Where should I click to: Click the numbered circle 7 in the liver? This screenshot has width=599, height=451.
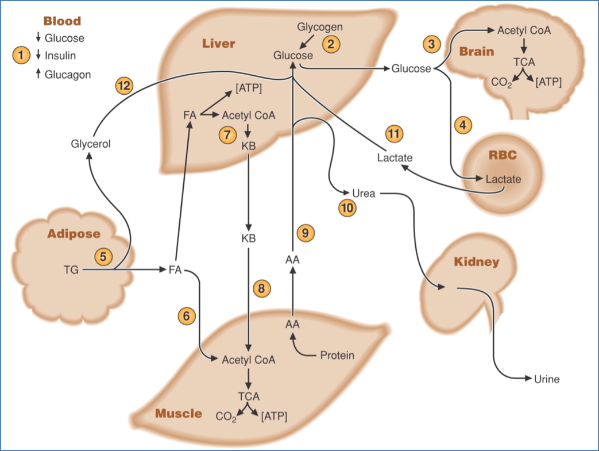tap(227, 134)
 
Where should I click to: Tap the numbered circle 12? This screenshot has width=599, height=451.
tap(124, 86)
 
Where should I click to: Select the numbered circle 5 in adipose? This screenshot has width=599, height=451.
tap(103, 256)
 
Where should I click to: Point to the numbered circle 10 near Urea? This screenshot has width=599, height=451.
tap(347, 208)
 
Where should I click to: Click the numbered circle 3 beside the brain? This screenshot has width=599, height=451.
tap(432, 44)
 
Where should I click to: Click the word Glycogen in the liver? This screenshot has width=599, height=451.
tap(320, 27)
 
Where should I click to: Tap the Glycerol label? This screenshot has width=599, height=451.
tap(91, 144)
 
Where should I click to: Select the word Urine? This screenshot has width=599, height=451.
tap(546, 379)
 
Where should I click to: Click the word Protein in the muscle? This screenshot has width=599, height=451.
tap(337, 355)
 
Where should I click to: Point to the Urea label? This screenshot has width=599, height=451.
tap(364, 194)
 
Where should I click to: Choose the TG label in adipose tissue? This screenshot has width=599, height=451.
tap(71, 269)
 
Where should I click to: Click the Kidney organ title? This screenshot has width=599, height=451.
tap(476, 262)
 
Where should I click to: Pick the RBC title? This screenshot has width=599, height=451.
tap(503, 155)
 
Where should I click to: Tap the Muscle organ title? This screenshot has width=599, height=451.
tap(179, 413)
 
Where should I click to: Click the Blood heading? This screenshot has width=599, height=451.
tap(62, 21)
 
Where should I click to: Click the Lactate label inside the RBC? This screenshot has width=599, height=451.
tap(503, 179)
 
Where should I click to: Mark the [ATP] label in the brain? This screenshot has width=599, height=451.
tap(548, 82)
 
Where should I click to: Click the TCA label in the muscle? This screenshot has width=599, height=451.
tap(249, 396)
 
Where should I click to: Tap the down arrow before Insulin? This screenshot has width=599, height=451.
tap(38, 56)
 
